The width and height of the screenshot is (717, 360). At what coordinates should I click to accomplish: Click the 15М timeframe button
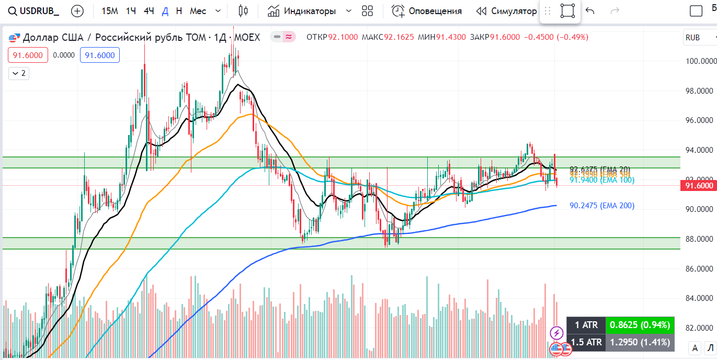coord(109,11)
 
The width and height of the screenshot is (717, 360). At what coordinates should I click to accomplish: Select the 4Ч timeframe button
coord(149,11)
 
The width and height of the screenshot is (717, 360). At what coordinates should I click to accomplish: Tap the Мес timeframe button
coord(198,11)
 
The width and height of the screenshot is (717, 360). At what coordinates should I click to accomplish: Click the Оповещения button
coord(427,11)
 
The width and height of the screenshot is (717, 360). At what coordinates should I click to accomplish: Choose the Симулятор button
coord(506,11)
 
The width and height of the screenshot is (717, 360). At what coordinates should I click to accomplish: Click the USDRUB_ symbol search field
coord(34,11)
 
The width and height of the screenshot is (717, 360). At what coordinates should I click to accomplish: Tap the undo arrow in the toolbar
coord(590,11)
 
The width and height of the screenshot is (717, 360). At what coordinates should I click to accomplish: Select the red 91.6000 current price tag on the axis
coord(699,185)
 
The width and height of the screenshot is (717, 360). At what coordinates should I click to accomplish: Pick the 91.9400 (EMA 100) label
coord(601,180)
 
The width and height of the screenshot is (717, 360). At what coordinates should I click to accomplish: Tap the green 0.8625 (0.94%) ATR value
coord(640,325)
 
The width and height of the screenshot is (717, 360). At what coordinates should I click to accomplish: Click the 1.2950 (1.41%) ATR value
coord(640,342)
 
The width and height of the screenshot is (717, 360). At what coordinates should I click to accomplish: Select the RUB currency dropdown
coord(699,38)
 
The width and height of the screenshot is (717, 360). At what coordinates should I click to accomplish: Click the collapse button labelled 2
coord(19,73)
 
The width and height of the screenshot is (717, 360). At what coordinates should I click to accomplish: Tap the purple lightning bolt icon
coord(556,332)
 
